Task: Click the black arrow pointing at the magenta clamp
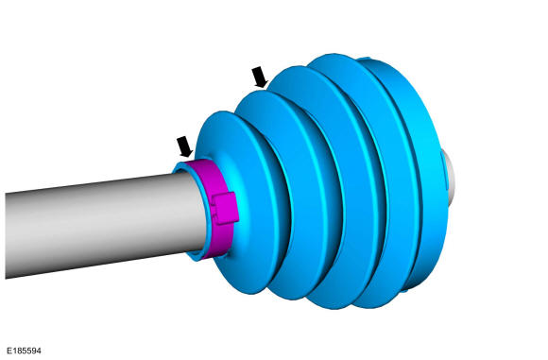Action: [x=184, y=146]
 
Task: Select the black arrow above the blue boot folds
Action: [x=260, y=77]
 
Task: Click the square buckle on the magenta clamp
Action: [x=226, y=208]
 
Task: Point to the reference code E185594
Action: [x=24, y=351]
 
